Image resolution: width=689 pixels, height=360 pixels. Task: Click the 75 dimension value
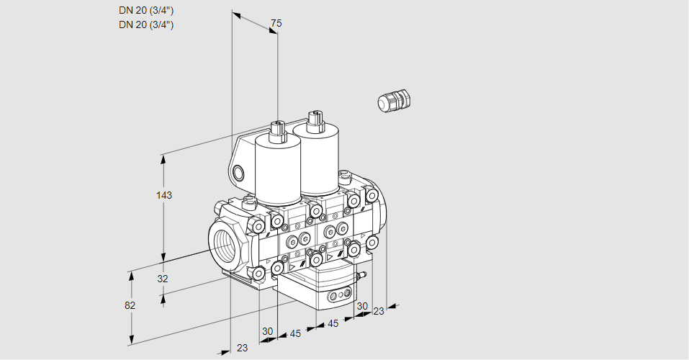pos(276,24)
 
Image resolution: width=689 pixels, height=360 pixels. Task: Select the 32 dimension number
pos(163,279)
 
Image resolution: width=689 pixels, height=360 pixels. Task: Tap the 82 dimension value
pos(130,305)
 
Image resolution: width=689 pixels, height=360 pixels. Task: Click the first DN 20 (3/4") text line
pos(146,10)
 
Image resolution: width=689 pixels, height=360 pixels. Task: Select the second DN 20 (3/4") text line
pos(146,24)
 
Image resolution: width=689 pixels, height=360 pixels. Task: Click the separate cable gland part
pos(392,100)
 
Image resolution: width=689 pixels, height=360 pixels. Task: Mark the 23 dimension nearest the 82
pos(242,348)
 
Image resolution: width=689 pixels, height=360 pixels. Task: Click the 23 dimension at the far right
pos(379,311)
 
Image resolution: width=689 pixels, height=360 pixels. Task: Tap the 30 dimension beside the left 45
pos(268,331)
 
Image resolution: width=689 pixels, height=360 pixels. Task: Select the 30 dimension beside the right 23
pos(361,306)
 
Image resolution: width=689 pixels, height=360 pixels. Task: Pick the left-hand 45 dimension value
pos(295,333)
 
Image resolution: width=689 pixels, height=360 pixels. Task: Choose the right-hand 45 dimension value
pos(333,323)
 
